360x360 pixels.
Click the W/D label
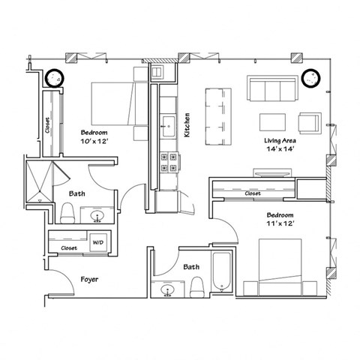tap(97, 243)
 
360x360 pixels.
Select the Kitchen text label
tap(187, 124)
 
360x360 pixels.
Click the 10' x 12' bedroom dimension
tap(95, 139)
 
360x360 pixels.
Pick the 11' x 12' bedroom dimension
tap(277, 223)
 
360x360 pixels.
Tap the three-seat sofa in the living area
tap(271, 91)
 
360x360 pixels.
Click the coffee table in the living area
tap(273, 121)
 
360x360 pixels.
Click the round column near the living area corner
tap(310, 77)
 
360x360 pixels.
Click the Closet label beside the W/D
tap(69, 247)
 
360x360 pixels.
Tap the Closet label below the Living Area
tap(253, 193)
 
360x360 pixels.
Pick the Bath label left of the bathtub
tap(191, 266)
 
